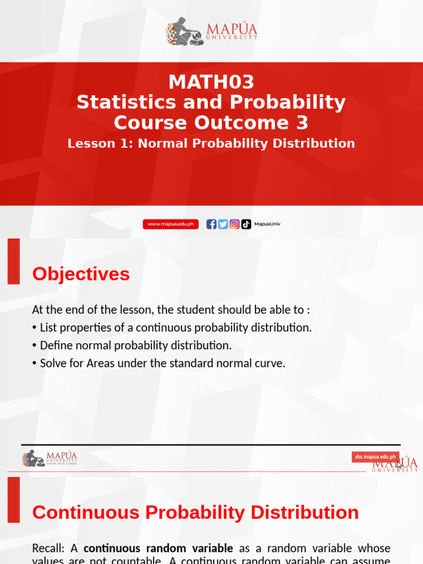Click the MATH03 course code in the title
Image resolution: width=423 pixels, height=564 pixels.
pyautogui.click(x=211, y=83)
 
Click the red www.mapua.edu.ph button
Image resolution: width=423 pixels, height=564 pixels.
pyautogui.click(x=171, y=224)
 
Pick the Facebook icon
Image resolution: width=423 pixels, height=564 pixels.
pyautogui.click(x=211, y=224)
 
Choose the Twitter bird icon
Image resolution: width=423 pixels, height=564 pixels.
pyautogui.click(x=223, y=224)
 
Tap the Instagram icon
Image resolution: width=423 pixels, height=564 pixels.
pyautogui.click(x=235, y=224)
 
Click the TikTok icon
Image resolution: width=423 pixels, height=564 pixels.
pyautogui.click(x=246, y=224)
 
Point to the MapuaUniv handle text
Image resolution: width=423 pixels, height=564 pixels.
pyautogui.click(x=267, y=224)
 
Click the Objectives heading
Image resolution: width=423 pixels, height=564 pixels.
pyautogui.click(x=81, y=274)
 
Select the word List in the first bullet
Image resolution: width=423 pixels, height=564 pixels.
pyautogui.click(x=50, y=328)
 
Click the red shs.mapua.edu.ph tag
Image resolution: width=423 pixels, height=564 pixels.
pyautogui.click(x=376, y=457)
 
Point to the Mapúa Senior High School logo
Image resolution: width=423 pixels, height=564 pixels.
pyautogui.click(x=50, y=458)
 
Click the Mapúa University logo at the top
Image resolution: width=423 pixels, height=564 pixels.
pyautogui.click(x=211, y=31)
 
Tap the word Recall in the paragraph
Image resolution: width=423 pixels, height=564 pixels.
pyautogui.click(x=48, y=549)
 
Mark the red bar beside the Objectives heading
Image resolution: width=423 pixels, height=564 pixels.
pyautogui.click(x=13, y=261)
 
